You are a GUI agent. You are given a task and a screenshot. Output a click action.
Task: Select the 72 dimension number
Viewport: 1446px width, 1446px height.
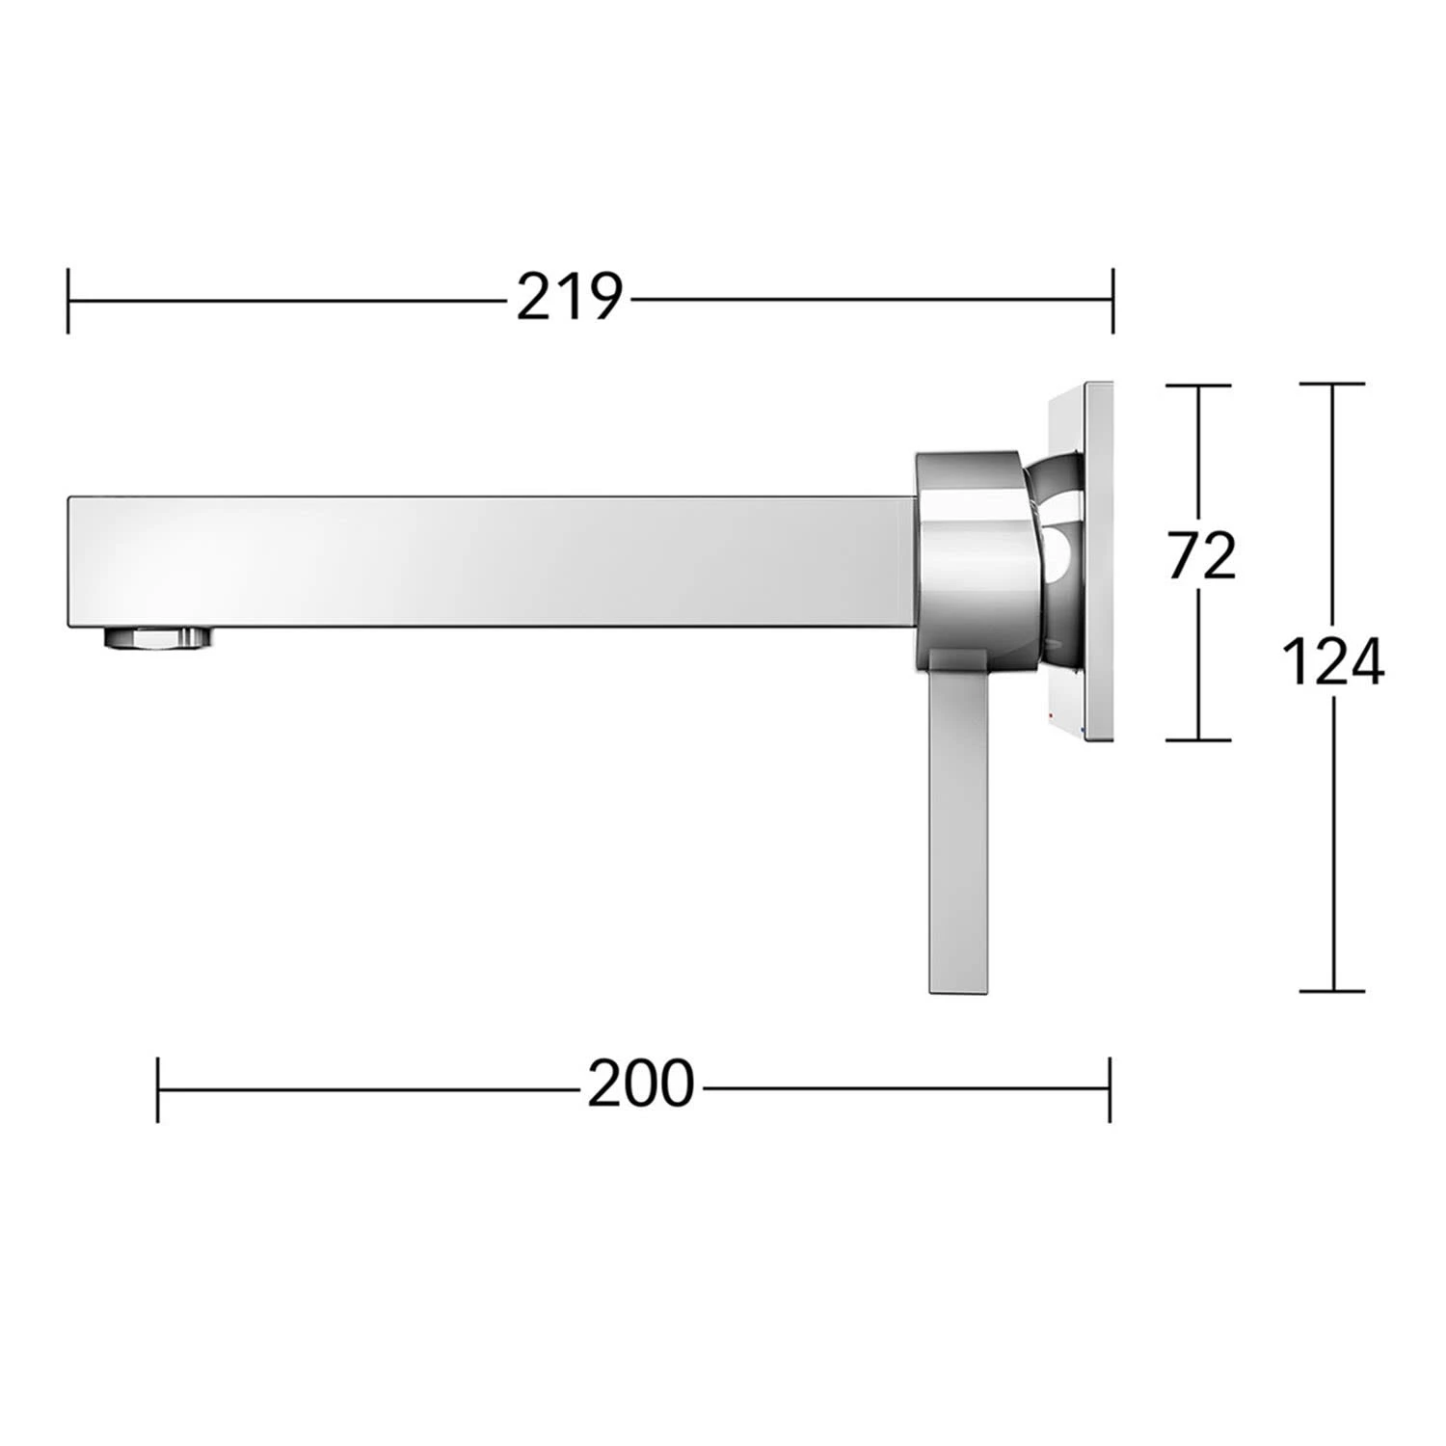(x=1201, y=556)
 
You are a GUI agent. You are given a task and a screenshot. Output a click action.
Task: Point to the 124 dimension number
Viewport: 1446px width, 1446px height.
(x=1332, y=662)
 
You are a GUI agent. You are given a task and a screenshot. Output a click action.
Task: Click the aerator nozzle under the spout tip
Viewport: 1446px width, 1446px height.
(x=157, y=637)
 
